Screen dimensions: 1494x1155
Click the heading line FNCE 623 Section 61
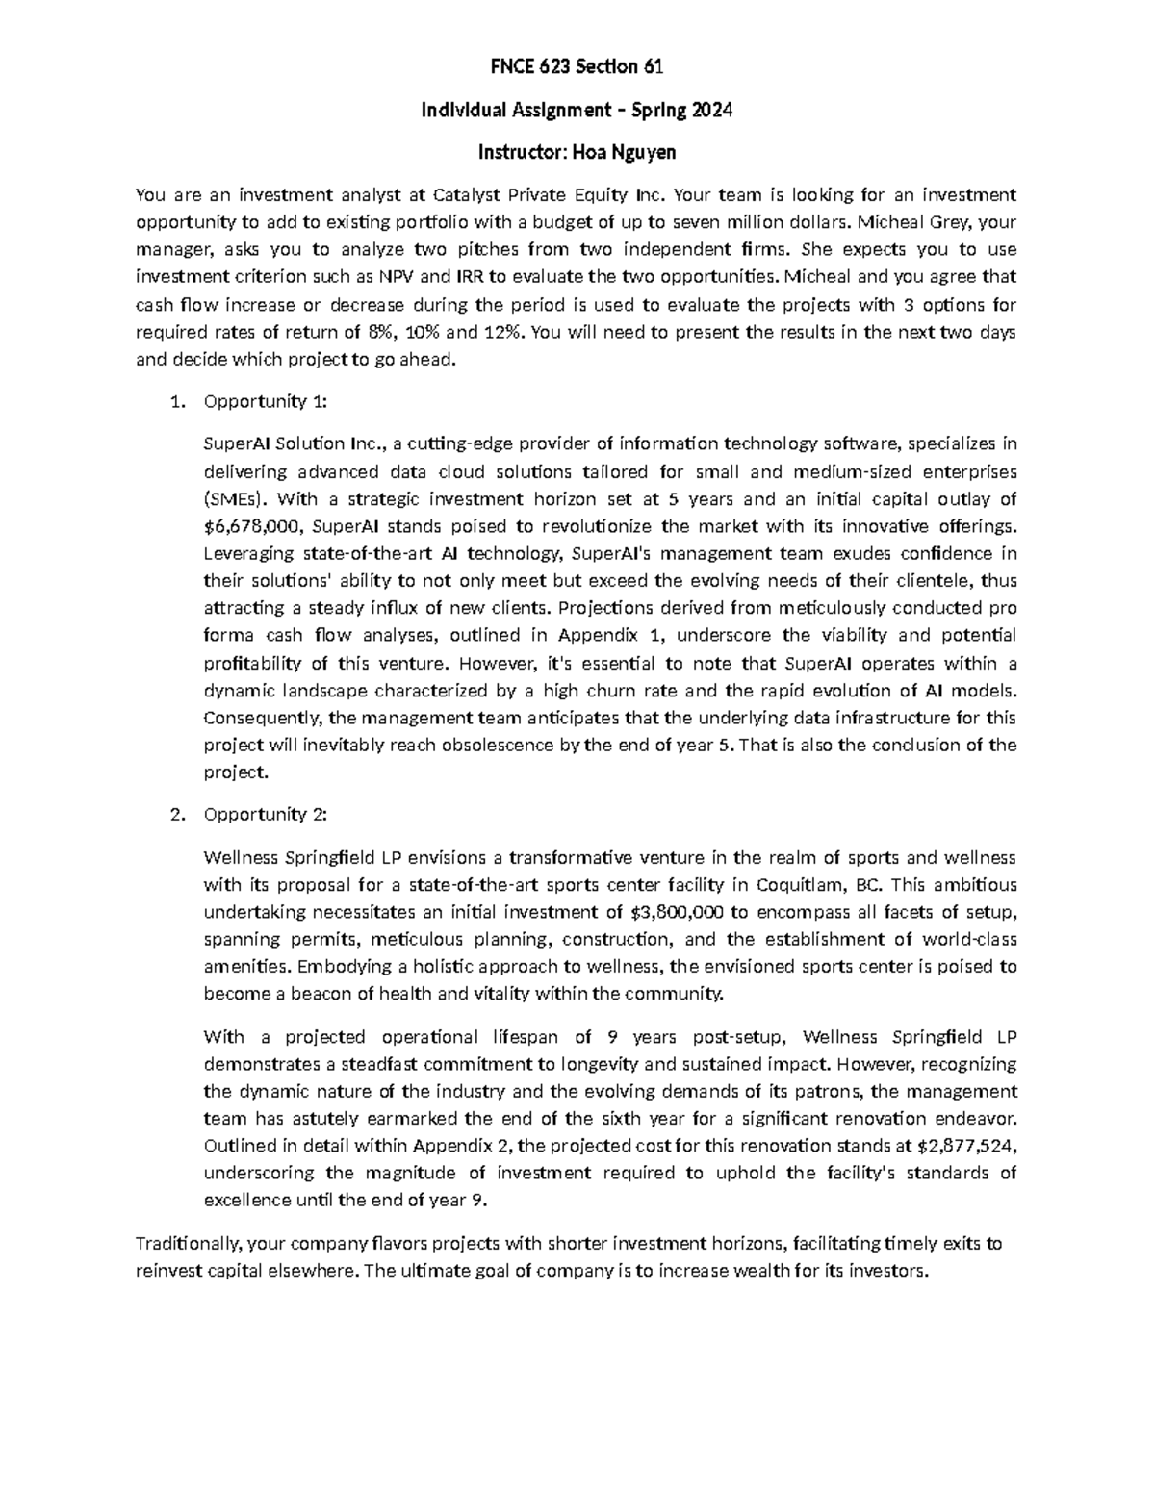[x=577, y=67]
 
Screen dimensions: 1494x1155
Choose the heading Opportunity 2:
[x=266, y=814]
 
